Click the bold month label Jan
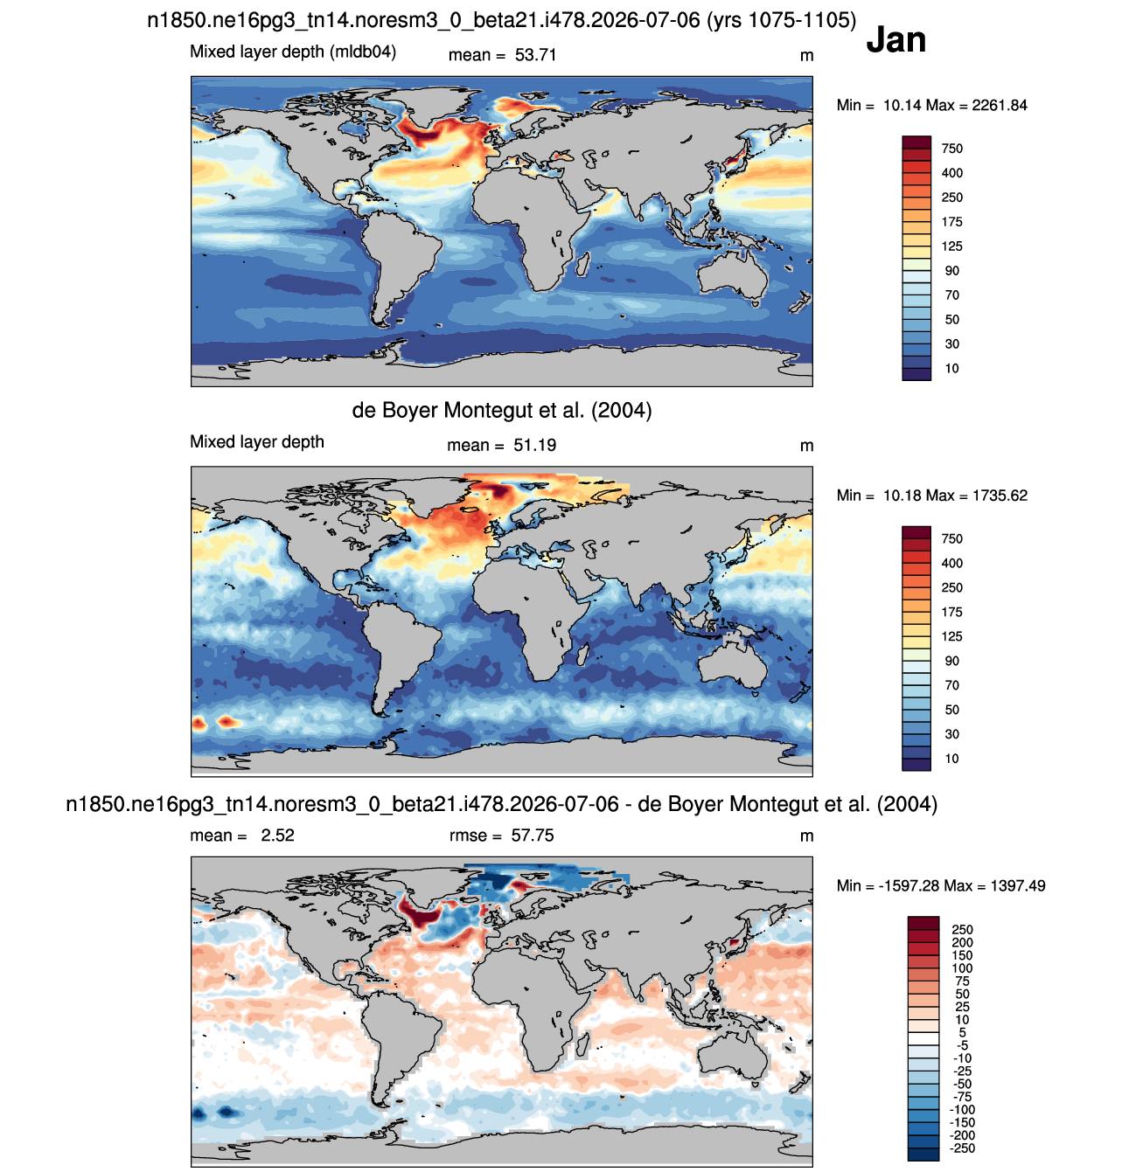pyautogui.click(x=896, y=39)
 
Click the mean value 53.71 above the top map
pyautogui.click(x=535, y=55)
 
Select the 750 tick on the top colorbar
pyautogui.click(x=951, y=149)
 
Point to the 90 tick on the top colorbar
pyautogui.click(x=951, y=271)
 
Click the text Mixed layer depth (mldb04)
pyautogui.click(x=293, y=52)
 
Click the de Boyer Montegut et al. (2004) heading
pyautogui.click(x=501, y=411)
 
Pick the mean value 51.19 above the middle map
pyautogui.click(x=534, y=446)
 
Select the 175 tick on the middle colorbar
pyautogui.click(x=951, y=613)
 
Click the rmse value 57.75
pyautogui.click(x=532, y=836)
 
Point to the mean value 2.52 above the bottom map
pyautogui.click(x=277, y=836)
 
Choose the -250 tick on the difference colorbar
pyautogui.click(x=962, y=1148)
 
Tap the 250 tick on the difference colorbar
pyautogui.click(x=962, y=930)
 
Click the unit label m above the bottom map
pyautogui.click(x=806, y=836)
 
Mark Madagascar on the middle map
pyautogui.click(x=582, y=654)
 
